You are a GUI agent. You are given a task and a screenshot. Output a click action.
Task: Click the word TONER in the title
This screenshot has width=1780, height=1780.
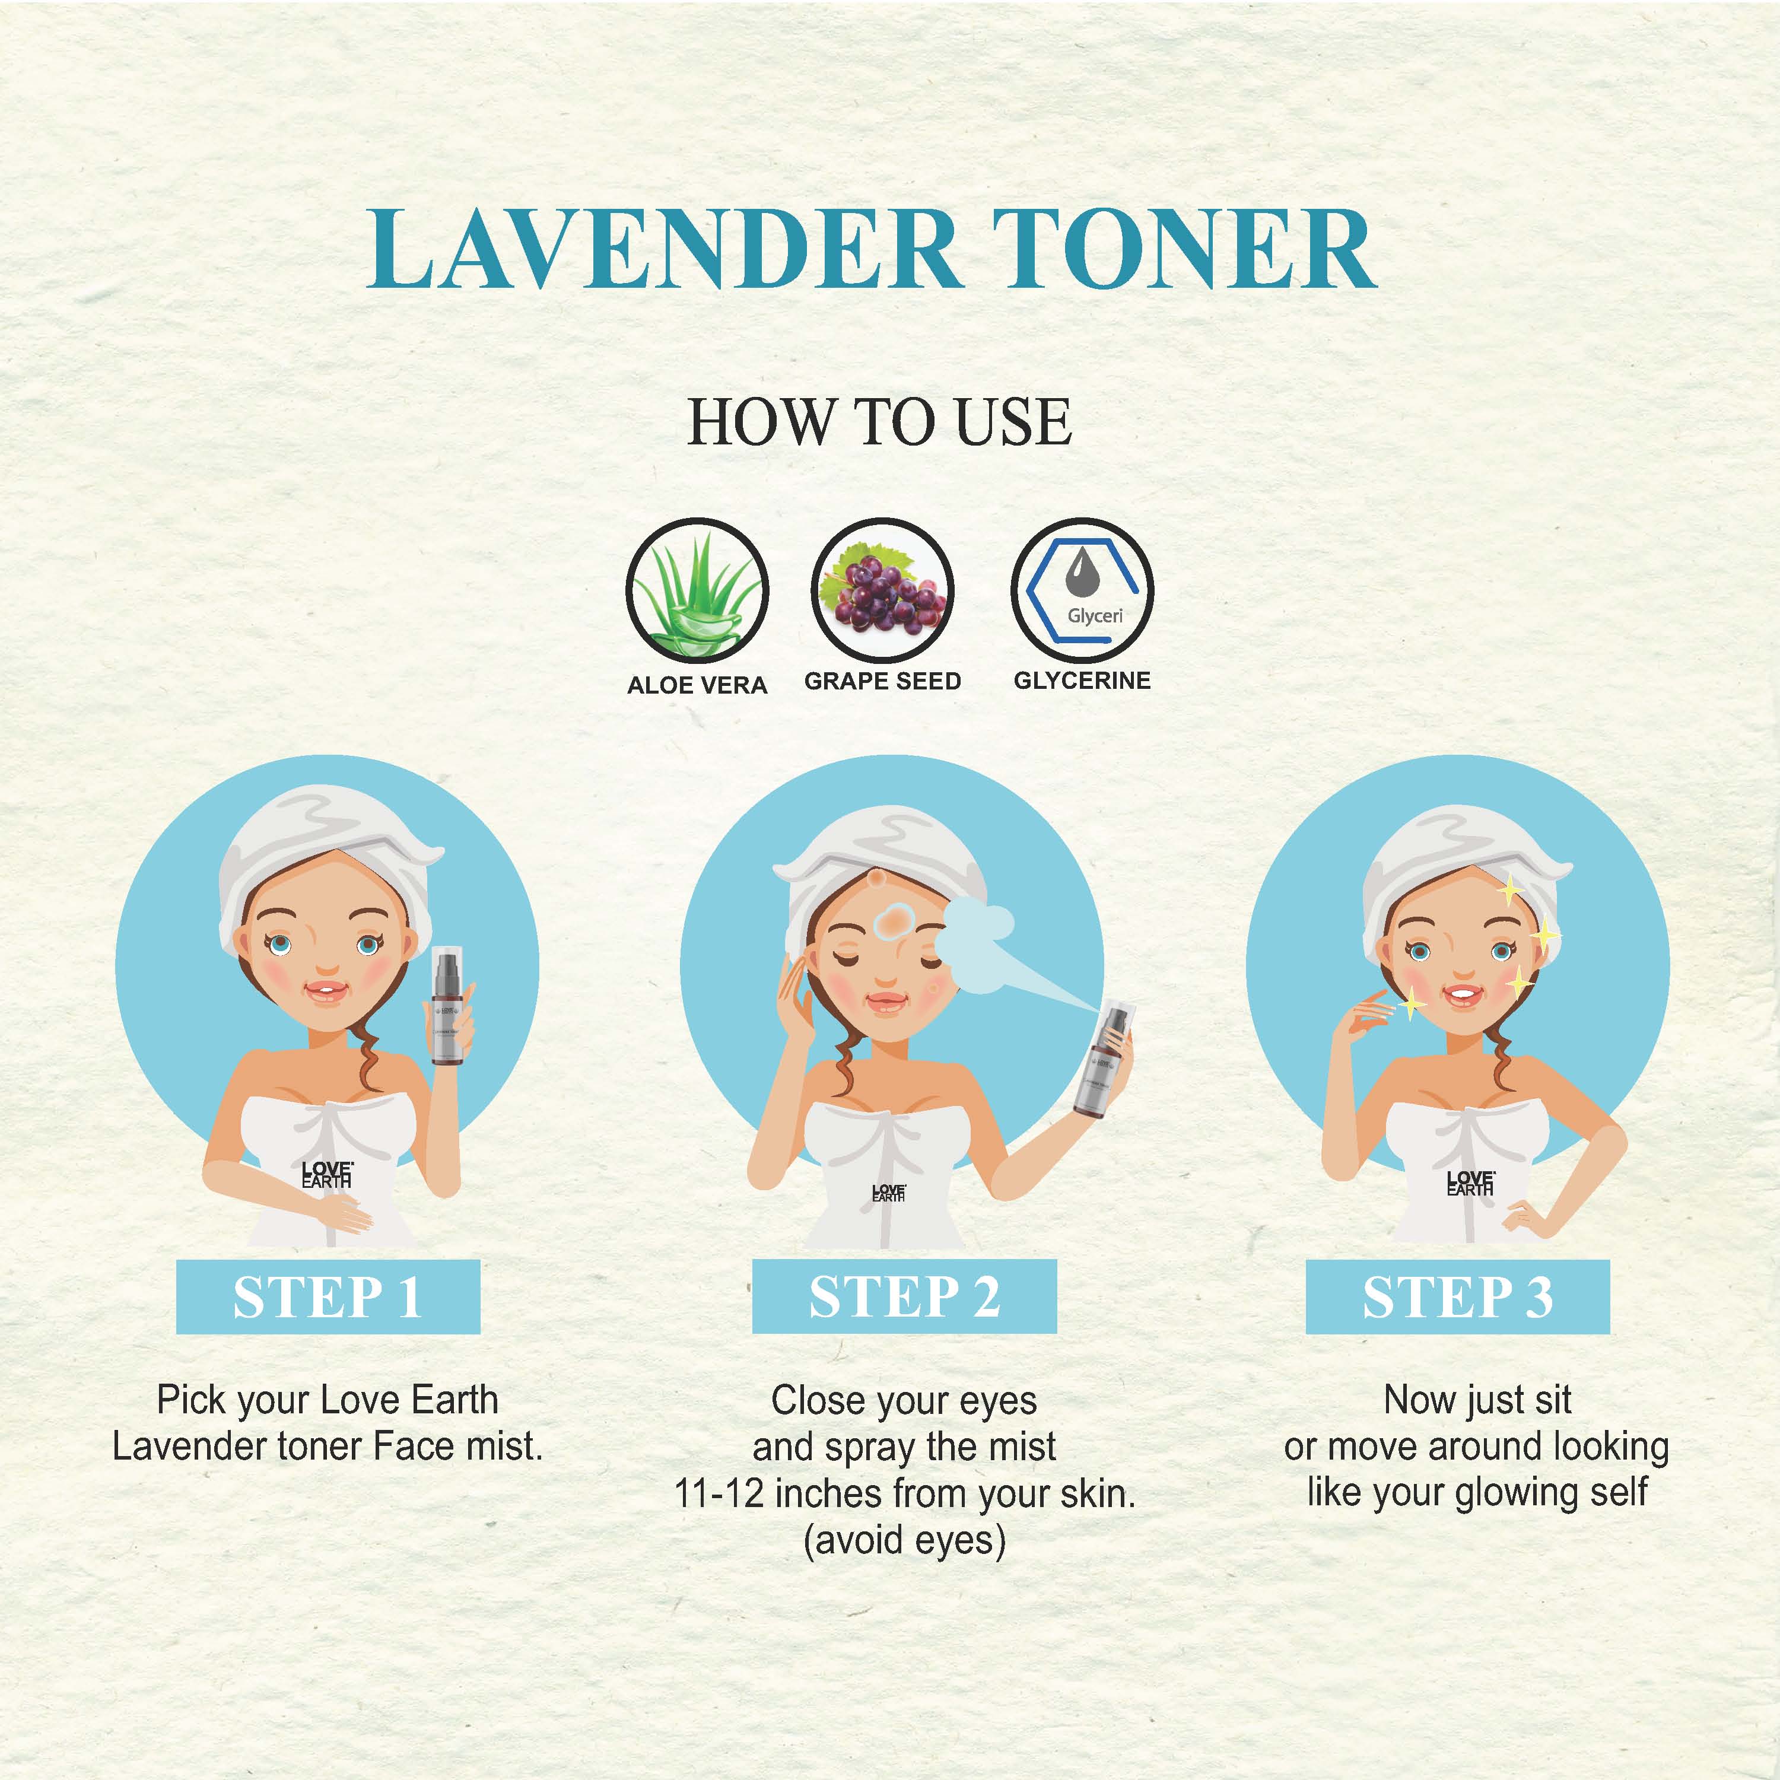coord(1184,249)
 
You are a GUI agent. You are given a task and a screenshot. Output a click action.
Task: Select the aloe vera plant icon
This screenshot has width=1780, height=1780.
coord(697,590)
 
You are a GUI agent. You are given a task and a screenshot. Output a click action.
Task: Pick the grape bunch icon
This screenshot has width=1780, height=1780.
coord(883,590)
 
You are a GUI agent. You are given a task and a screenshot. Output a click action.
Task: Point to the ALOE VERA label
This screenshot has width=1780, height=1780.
coord(697,685)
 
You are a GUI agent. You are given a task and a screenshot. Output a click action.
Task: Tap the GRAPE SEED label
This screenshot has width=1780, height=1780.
coord(883,682)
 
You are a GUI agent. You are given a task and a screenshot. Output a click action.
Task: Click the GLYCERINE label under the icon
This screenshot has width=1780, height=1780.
coord(1082,681)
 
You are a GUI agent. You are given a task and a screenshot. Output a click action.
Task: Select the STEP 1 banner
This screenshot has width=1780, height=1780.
coord(328,1296)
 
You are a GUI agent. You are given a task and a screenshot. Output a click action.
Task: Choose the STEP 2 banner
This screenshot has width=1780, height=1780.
coord(904,1296)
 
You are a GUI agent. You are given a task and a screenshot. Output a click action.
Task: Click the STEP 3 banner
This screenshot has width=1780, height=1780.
coord(1458,1296)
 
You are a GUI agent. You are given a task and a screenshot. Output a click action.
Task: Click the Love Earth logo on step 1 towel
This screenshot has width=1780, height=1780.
coord(326,1175)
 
